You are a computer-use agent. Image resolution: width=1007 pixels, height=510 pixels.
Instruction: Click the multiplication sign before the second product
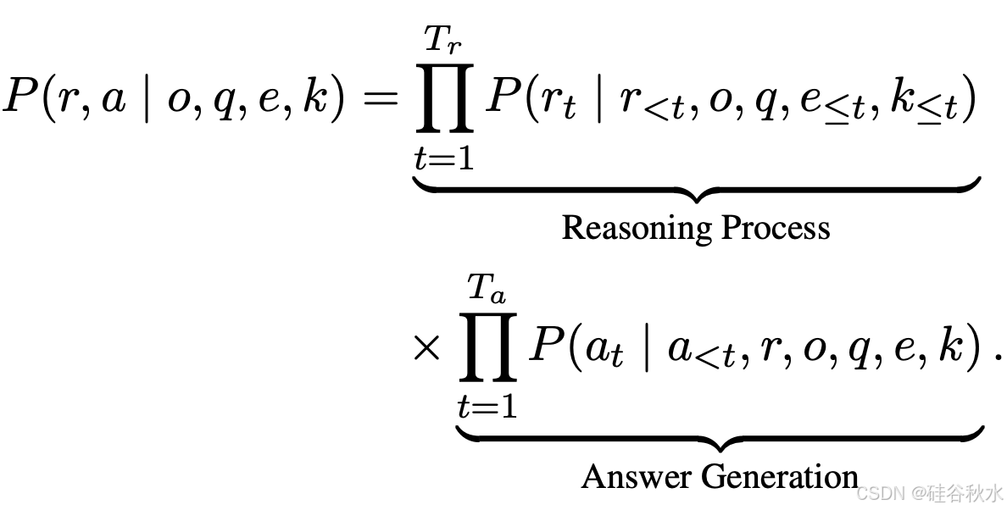[x=426, y=349]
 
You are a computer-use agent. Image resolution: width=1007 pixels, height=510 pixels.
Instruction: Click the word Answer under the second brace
[x=625, y=477]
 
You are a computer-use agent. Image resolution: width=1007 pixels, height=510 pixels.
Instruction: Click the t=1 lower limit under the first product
[x=443, y=158]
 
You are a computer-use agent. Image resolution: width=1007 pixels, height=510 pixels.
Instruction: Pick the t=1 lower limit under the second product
[x=487, y=407]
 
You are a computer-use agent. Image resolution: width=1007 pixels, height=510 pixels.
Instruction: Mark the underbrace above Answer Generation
[x=720, y=439]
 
